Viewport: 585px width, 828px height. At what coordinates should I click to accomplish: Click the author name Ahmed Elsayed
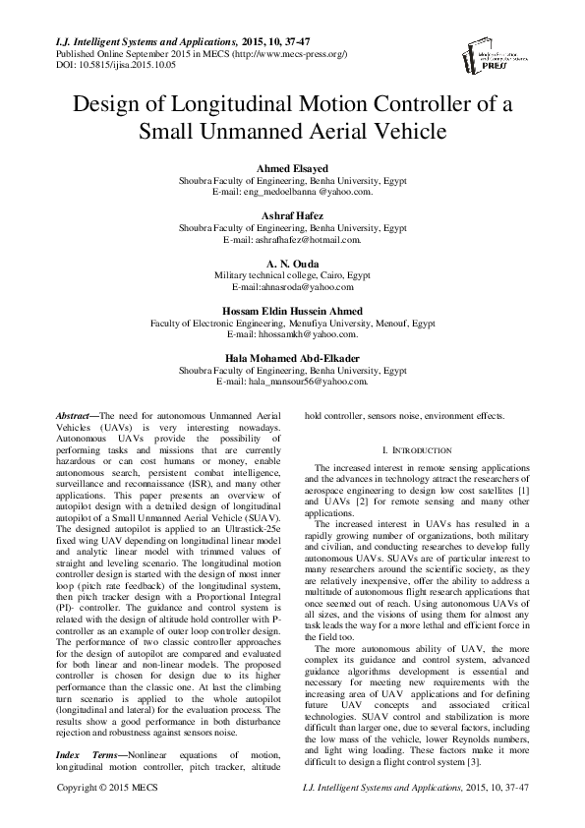coord(292,170)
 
